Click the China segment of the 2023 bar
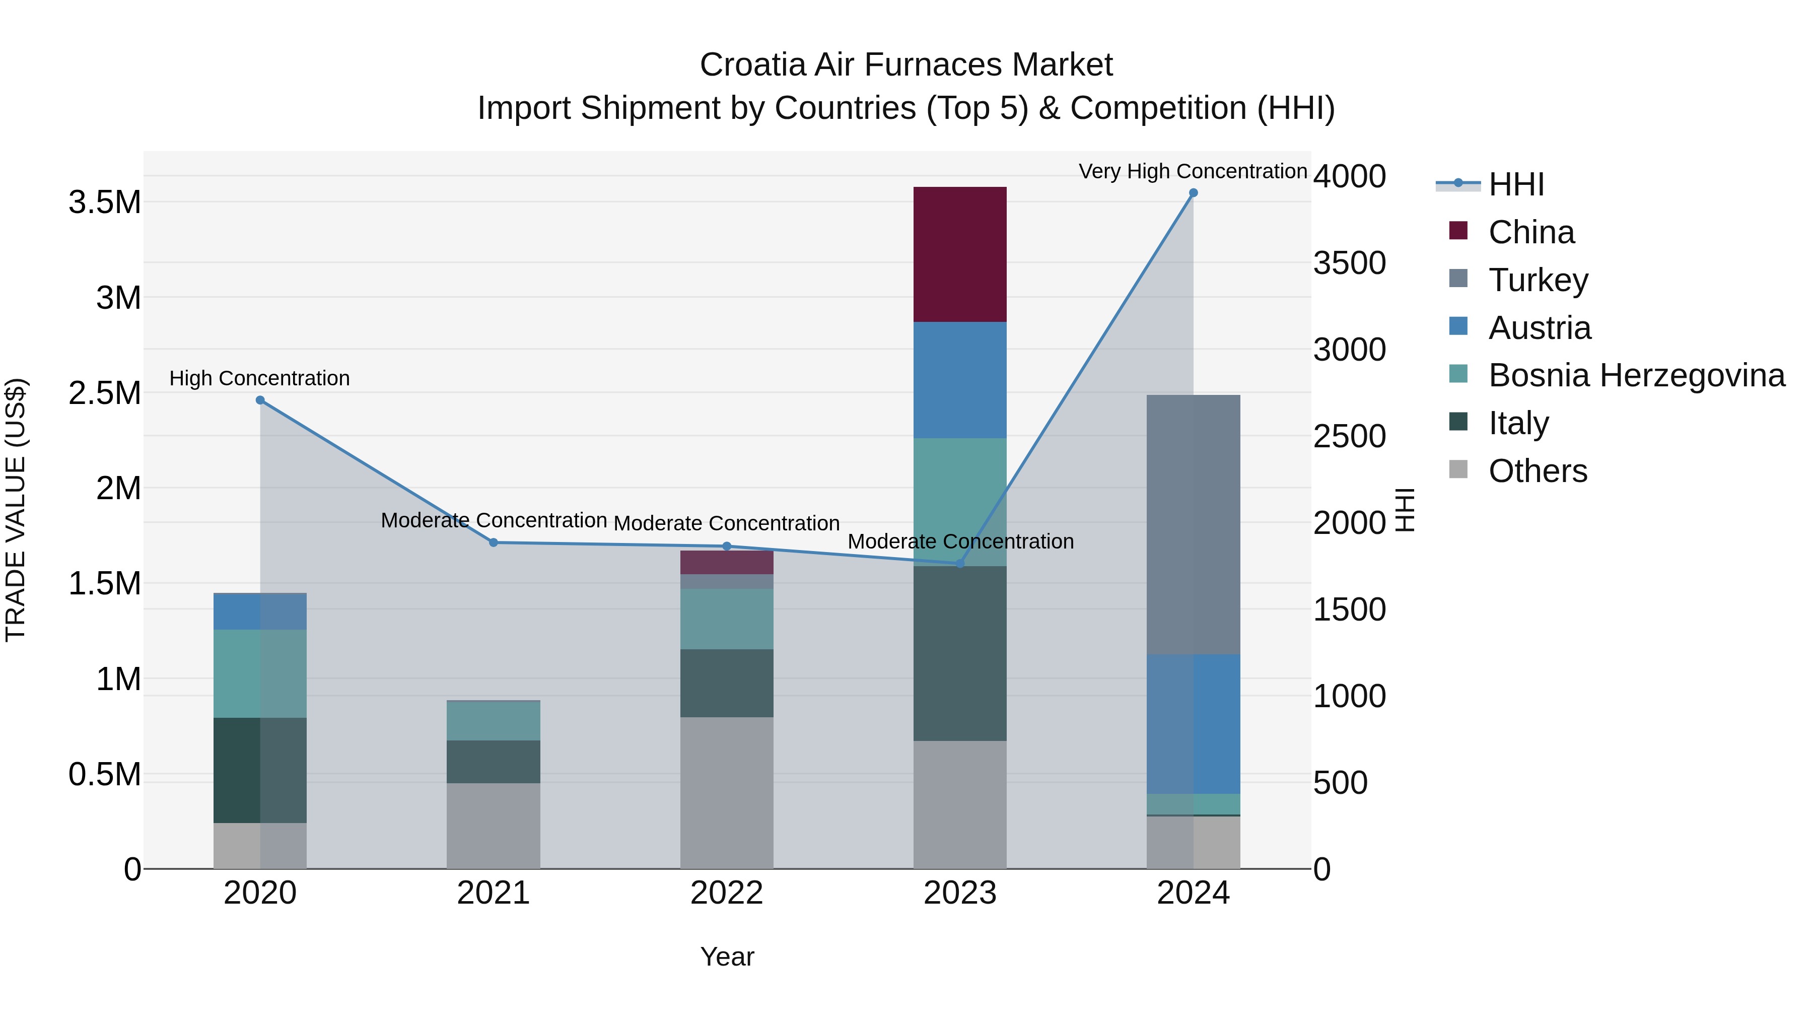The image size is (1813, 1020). pos(959,254)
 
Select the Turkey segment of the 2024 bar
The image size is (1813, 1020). pos(1193,524)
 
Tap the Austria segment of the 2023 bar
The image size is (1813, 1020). pos(959,380)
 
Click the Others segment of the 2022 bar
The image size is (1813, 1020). pos(726,793)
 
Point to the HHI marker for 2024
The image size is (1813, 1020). pos(1193,193)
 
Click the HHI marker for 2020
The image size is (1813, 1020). pos(260,400)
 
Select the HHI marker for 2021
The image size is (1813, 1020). pos(494,542)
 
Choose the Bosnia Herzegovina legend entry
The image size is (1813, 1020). pos(1636,375)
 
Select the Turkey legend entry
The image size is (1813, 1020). pos(1538,280)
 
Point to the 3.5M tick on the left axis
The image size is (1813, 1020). pos(104,202)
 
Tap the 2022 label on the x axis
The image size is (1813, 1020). pos(726,893)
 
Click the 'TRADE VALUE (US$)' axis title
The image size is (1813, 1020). pos(16,510)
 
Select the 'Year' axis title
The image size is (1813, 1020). pos(726,957)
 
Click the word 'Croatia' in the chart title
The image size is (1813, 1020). pos(752,65)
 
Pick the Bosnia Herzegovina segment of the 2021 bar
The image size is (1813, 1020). pos(494,721)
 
